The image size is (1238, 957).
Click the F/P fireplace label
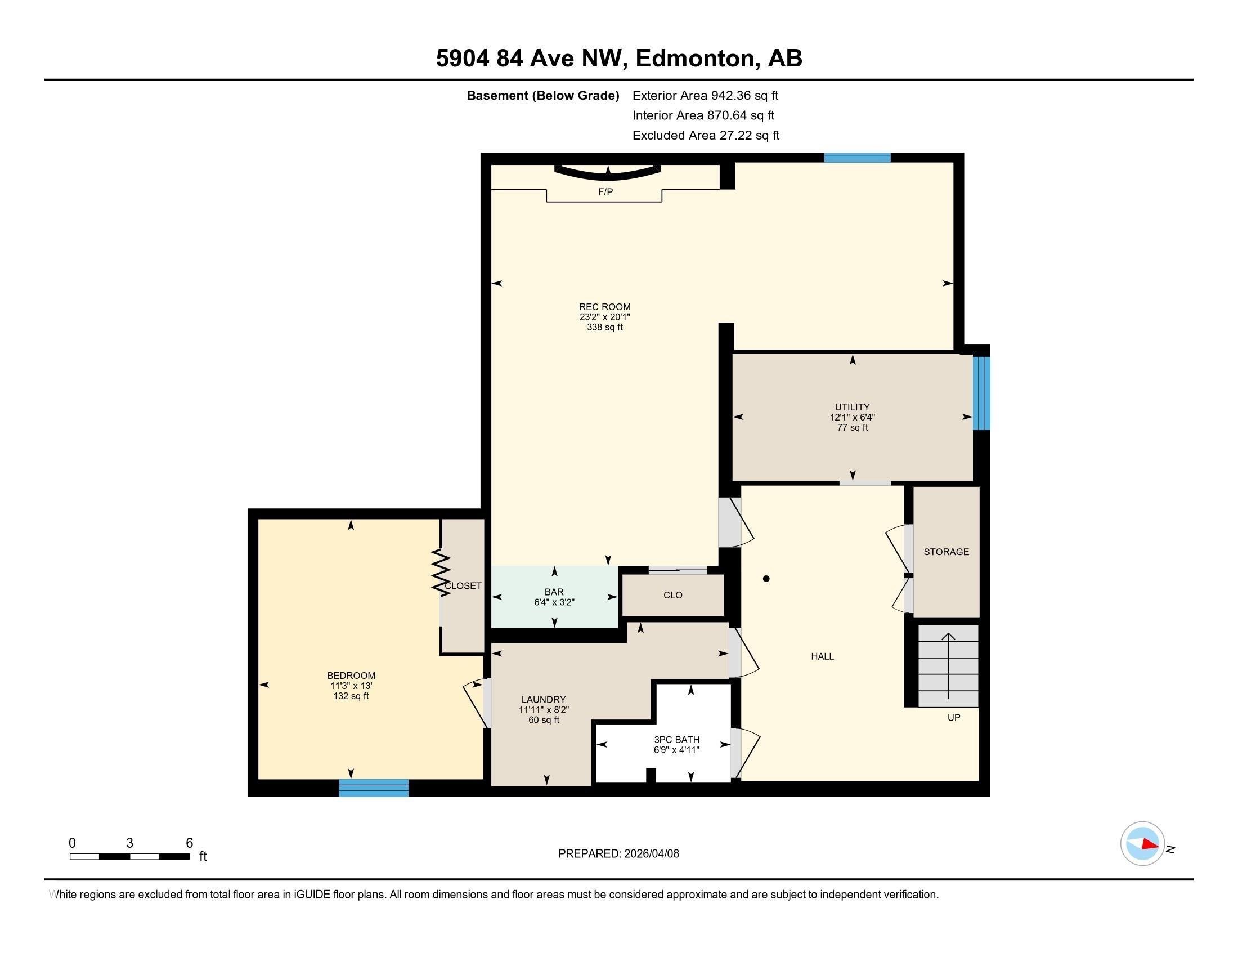[x=605, y=191]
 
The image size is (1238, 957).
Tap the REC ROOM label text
[x=604, y=307]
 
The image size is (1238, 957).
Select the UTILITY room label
[x=852, y=407]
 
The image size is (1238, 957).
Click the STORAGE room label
[x=946, y=552]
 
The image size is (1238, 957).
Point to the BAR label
[x=554, y=592]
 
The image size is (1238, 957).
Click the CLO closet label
[x=673, y=595]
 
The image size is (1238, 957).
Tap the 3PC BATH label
[x=676, y=739]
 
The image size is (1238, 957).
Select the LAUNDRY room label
[x=543, y=700]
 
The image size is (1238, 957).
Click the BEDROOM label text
[x=351, y=675]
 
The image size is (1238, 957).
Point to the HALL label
[x=822, y=656]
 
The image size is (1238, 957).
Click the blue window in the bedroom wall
[x=374, y=788]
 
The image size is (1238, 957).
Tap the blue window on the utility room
[x=982, y=392]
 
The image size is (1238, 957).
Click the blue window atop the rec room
[x=857, y=158]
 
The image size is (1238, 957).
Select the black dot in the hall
[x=766, y=579]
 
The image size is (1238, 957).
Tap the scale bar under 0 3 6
[x=129, y=856]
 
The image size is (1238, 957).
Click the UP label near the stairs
[x=953, y=717]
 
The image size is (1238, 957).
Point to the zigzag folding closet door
[x=441, y=571]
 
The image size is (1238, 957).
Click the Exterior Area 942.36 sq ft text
[x=705, y=95]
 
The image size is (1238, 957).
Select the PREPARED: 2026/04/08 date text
[x=618, y=853]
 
